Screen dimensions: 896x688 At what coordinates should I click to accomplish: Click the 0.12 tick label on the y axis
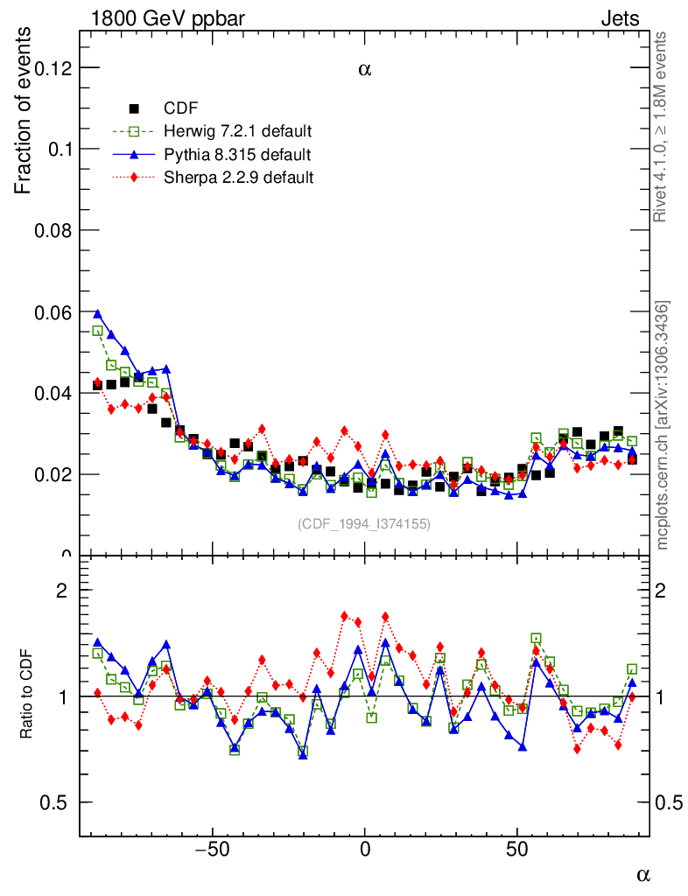coord(51,68)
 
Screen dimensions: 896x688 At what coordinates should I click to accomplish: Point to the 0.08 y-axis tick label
coord(51,231)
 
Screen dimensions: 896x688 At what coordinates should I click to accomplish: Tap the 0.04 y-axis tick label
coord(51,394)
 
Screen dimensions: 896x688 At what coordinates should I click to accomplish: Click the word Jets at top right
coord(620,18)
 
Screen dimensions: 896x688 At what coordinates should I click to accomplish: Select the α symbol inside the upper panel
coord(365,70)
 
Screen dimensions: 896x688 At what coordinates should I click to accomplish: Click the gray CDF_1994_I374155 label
coord(364,523)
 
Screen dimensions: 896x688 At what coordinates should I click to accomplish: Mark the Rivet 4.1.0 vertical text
coord(663,127)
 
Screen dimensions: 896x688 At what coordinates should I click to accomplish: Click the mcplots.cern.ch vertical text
coord(663,425)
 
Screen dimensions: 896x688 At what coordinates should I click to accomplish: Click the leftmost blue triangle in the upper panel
coord(97,313)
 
